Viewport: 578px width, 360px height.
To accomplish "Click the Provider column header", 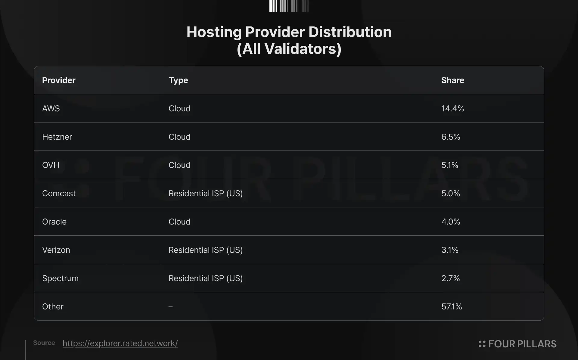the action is point(59,80).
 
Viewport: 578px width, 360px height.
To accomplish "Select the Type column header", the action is point(178,80).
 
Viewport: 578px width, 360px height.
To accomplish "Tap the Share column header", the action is point(452,80).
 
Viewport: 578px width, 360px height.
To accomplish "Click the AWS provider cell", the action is point(51,108).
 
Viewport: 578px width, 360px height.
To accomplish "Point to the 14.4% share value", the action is point(453,108).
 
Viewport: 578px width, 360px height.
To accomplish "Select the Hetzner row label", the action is point(57,137).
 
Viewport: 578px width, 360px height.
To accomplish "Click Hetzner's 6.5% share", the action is point(451,137).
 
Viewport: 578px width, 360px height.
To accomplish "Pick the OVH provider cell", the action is point(51,165).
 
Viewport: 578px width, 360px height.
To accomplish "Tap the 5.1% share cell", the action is point(450,165).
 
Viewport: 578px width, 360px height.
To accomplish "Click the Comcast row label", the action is point(59,193).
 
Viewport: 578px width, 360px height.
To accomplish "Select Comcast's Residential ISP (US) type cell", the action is point(206,193).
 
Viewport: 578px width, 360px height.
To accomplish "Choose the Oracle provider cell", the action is point(54,222).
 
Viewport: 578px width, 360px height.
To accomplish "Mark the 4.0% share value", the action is point(451,222).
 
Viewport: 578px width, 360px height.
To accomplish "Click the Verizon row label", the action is point(56,250).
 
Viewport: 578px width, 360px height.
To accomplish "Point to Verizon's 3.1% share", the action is point(450,250).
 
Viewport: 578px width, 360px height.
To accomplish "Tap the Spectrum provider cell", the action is point(60,278).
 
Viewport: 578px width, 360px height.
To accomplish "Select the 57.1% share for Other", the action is point(452,306).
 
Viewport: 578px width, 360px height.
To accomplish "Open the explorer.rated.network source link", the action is point(120,343).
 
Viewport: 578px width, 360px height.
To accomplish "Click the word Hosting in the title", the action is point(214,32).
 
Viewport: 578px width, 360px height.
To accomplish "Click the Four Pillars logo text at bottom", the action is point(522,344).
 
